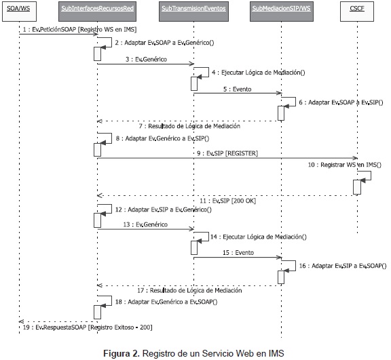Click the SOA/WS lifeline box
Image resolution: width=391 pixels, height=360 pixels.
19,12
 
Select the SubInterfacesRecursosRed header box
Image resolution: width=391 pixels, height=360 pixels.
97,12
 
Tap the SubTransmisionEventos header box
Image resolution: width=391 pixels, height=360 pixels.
193,12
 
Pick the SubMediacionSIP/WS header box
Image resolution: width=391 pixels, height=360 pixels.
282,12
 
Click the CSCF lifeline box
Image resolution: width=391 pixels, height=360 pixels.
357,12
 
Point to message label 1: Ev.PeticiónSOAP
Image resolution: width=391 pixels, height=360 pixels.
80,29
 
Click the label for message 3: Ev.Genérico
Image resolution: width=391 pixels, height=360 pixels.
146,59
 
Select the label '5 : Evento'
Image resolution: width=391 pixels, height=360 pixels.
237,89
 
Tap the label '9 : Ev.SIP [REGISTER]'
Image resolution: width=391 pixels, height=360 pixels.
227,153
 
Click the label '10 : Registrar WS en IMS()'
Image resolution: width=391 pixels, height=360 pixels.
345,165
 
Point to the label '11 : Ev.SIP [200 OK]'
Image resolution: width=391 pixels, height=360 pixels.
227,201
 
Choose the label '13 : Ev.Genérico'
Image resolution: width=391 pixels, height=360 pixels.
145,224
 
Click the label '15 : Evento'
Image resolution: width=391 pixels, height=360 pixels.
238,253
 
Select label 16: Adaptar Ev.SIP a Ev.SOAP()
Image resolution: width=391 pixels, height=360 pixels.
343,266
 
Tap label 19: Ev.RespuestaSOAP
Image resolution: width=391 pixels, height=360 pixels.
88,327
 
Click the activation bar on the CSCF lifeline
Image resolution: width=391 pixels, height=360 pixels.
357,187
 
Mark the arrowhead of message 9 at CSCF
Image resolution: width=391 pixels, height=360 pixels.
356,158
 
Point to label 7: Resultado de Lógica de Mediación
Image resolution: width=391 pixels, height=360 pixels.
189,126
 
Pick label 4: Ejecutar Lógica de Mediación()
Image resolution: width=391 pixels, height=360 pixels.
259,73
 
